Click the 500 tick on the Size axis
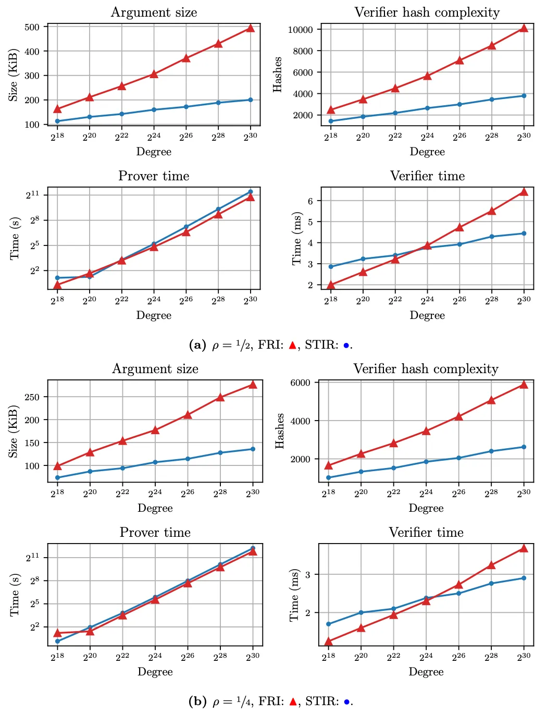(x=32, y=27)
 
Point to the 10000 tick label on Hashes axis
(x=301, y=30)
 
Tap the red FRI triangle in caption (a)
(x=292, y=345)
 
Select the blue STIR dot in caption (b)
(x=346, y=702)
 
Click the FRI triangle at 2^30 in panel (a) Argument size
(x=251, y=28)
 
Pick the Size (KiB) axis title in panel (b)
(x=14, y=432)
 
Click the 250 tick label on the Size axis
(x=32, y=397)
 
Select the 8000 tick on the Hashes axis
(x=303, y=51)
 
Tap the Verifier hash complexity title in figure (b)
(x=426, y=369)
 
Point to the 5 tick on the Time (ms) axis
(x=310, y=222)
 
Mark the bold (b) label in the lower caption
(x=197, y=701)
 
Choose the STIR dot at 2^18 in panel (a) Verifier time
(x=331, y=267)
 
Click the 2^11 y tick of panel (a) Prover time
(x=32, y=194)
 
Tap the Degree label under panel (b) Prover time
(x=155, y=672)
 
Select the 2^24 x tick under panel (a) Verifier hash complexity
(x=427, y=137)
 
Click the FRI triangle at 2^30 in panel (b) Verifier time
(x=524, y=548)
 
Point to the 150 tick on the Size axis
(x=32, y=443)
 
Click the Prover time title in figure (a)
(x=154, y=176)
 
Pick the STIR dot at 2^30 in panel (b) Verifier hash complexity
(x=524, y=447)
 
